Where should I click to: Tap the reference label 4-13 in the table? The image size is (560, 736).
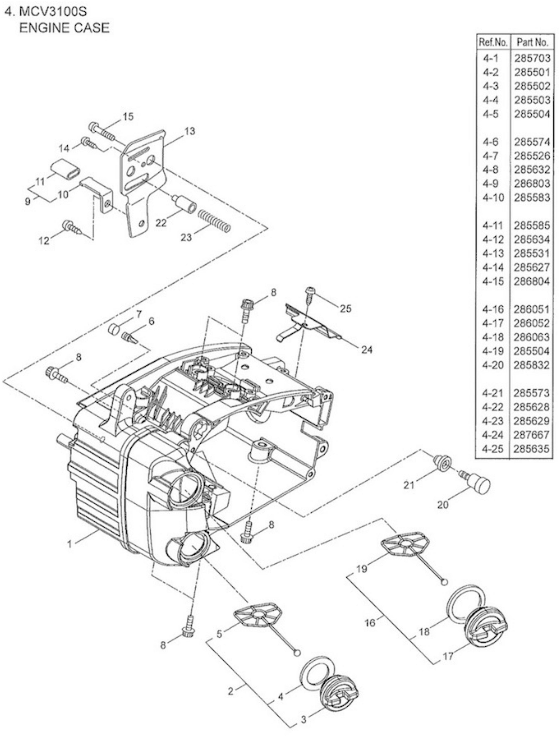point(493,253)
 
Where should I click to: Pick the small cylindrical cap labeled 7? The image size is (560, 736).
point(114,329)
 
